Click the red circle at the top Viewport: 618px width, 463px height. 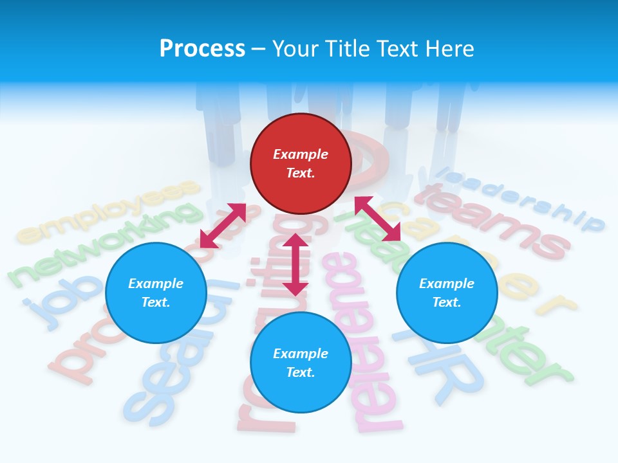click(301, 163)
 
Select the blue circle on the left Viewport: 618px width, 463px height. click(156, 293)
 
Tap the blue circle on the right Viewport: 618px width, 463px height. click(447, 293)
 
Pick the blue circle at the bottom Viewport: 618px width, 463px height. click(301, 363)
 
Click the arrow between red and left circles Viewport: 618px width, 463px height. click(223, 226)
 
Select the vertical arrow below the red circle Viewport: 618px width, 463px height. click(295, 264)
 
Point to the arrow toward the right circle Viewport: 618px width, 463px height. click(378, 219)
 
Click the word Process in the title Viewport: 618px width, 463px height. click(202, 48)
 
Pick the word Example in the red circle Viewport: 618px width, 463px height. click(301, 154)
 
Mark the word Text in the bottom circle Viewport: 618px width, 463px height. click(301, 372)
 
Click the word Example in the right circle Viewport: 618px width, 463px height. click(447, 284)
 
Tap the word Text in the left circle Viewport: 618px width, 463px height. click(156, 303)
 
